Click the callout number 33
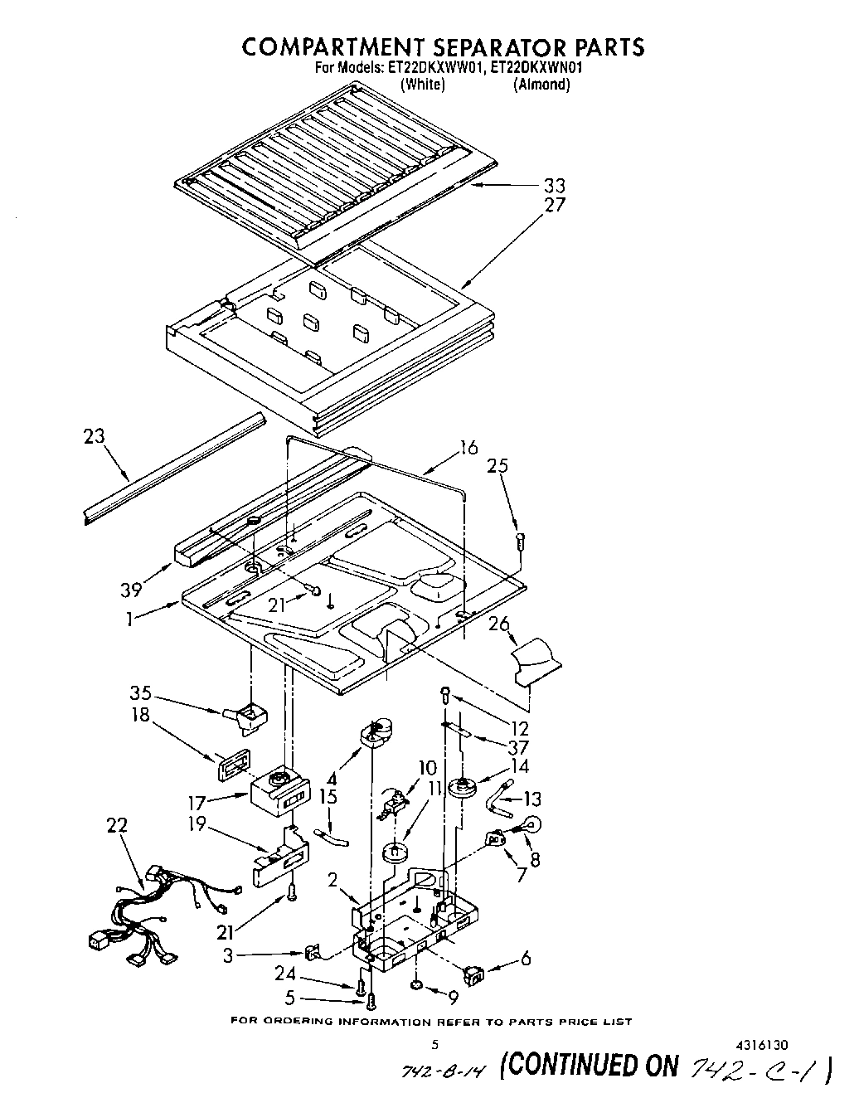tap(553, 185)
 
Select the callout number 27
tap(553, 205)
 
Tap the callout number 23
tap(95, 435)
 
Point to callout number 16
tap(468, 448)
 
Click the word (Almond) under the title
tap(541, 85)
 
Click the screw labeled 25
tap(518, 540)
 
